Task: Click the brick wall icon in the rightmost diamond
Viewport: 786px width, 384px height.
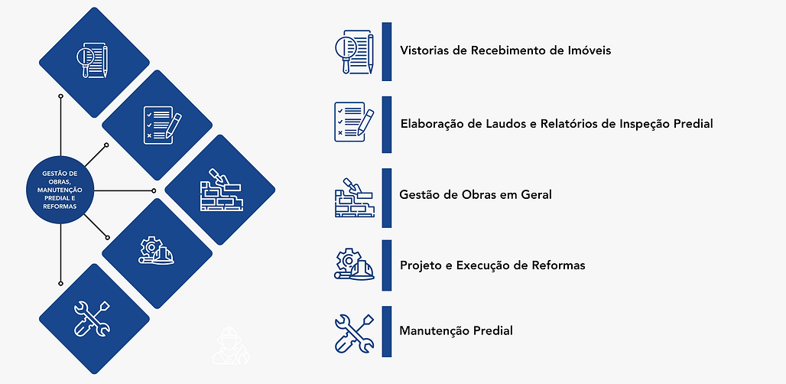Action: pos(219,189)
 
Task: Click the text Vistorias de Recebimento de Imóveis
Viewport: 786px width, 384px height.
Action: pos(505,50)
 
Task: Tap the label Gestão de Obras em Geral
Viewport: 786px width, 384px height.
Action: pos(476,194)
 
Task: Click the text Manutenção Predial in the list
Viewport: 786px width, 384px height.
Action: pos(456,331)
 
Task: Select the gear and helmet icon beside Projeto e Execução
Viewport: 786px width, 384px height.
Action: pos(355,264)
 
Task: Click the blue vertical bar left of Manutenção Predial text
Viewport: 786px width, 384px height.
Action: pos(387,331)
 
